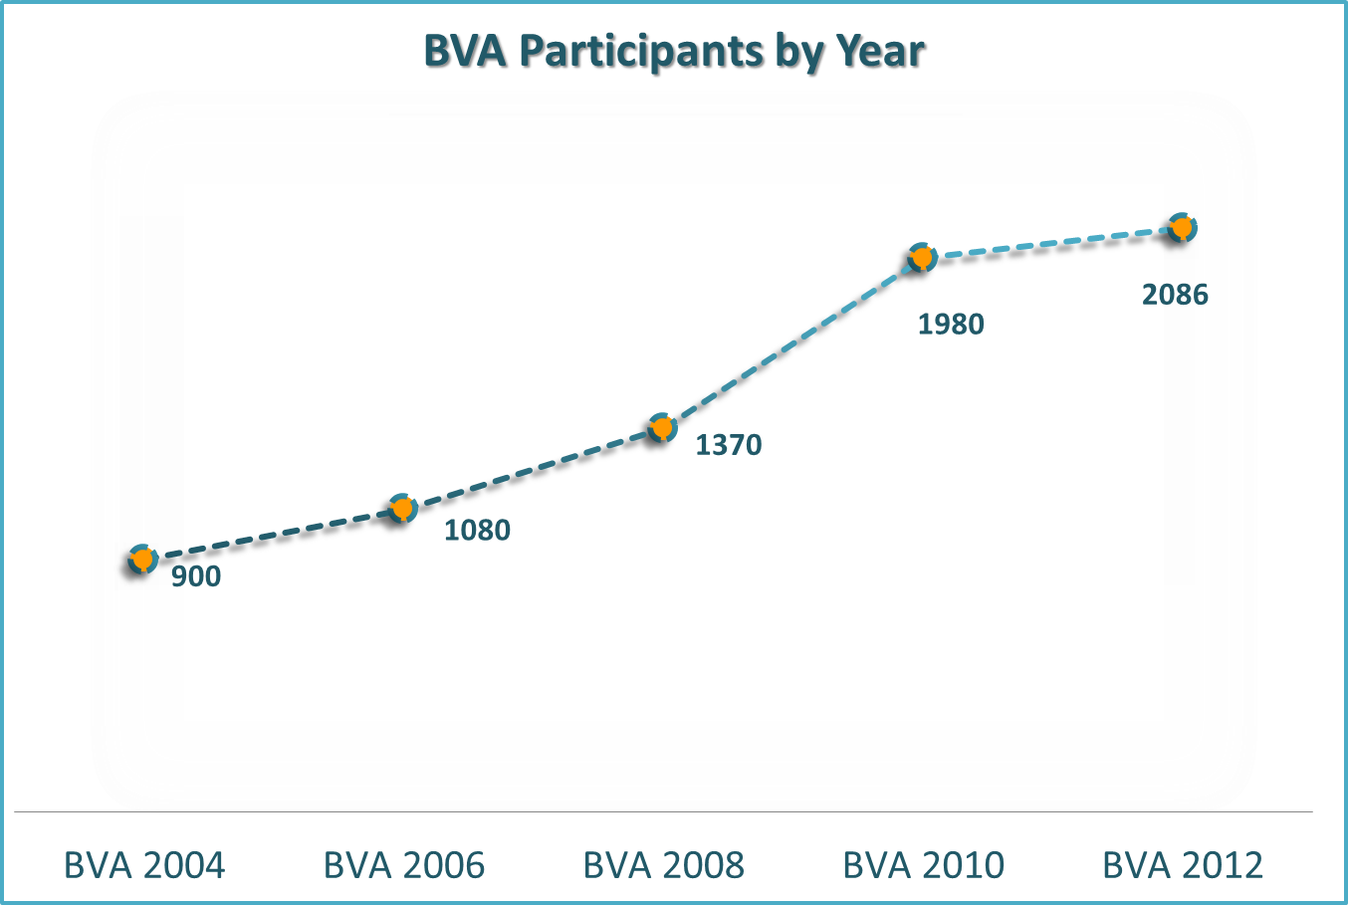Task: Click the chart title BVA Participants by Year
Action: coord(675,52)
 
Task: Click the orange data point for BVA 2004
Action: coord(142,560)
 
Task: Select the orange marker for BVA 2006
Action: coord(402,509)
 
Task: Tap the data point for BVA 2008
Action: coord(662,429)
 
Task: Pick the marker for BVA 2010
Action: coord(922,258)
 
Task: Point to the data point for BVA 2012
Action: coord(1182,228)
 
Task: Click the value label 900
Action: coord(196,576)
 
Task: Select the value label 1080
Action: coord(477,531)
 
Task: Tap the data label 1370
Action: coord(729,445)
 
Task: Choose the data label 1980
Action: coord(951,325)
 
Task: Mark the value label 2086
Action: coord(1175,295)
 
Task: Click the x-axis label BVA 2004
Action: coord(144,865)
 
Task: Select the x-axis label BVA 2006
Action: coord(404,865)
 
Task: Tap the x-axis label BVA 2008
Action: coord(664,865)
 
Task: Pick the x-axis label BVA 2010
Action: coord(924,865)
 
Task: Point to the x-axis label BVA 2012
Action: coord(1183,865)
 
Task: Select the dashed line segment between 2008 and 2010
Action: coord(791,343)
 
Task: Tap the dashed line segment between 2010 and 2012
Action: coord(1051,243)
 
